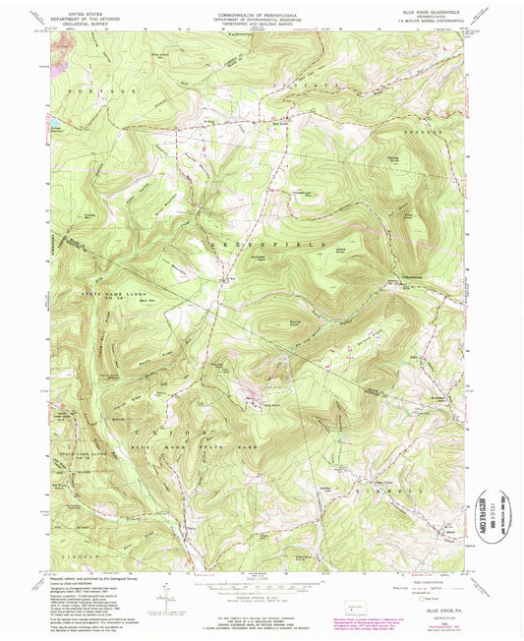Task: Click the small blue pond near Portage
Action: click(x=57, y=124)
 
